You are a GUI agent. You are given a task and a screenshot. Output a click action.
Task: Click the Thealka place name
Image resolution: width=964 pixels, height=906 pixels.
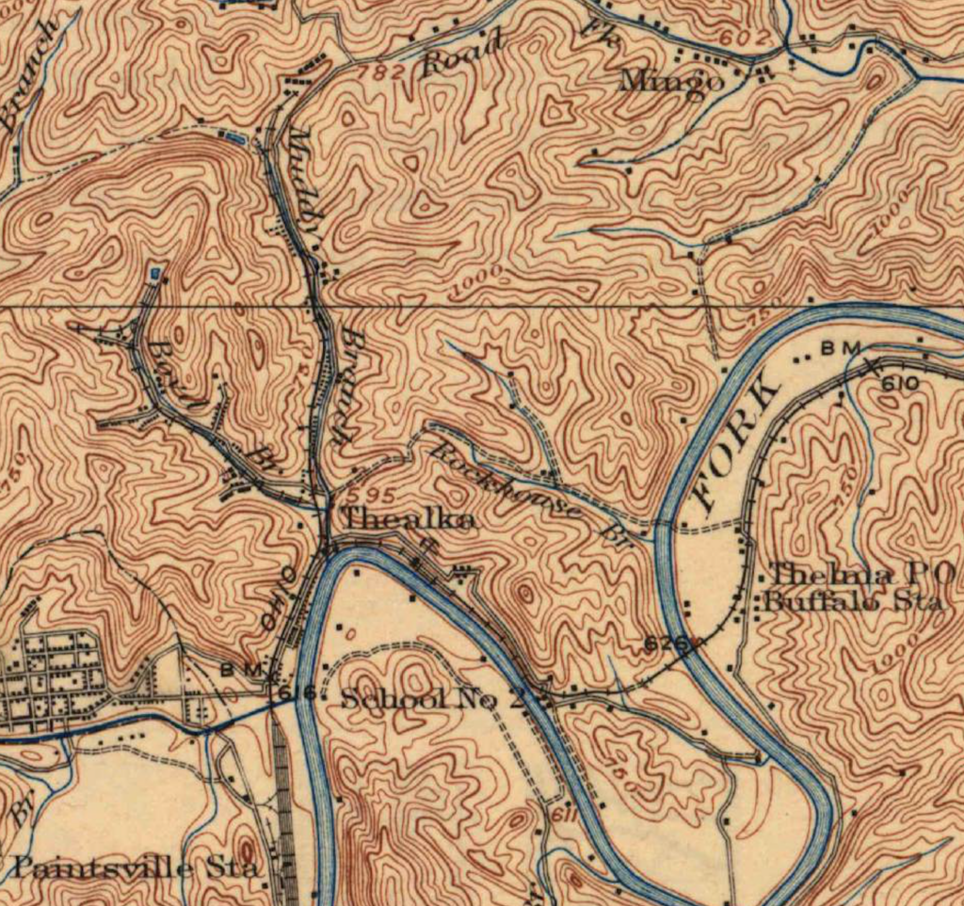pos(407,518)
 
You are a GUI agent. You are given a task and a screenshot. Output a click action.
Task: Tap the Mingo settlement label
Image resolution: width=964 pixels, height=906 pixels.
pos(671,83)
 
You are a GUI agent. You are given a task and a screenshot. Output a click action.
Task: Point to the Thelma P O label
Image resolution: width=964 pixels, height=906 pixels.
pos(861,572)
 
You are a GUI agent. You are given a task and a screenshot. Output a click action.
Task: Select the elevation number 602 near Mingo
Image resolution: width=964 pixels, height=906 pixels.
pos(740,37)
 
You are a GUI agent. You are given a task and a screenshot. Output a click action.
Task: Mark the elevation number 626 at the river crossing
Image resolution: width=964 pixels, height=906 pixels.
pos(663,644)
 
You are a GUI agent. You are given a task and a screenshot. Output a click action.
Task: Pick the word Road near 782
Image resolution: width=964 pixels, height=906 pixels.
pos(465,55)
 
